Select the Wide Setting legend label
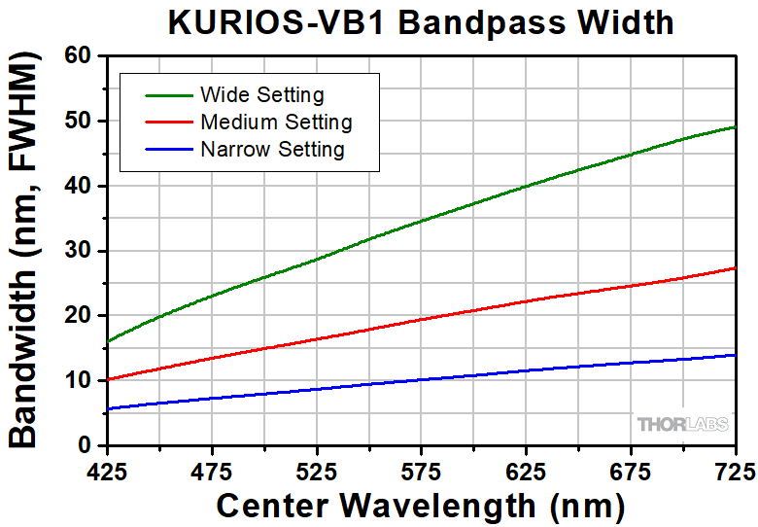click(x=261, y=95)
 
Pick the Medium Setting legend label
click(x=275, y=123)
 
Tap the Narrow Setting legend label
click(x=271, y=150)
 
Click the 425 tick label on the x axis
click(x=108, y=471)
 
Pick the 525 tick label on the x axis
click(x=318, y=471)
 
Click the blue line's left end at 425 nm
click(x=108, y=409)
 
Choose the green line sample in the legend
click(x=167, y=95)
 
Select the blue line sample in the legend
click(x=167, y=150)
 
